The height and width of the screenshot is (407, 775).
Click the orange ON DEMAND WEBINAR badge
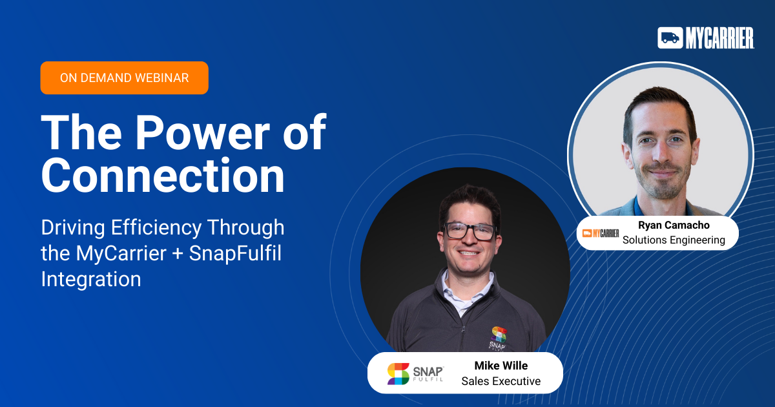click(x=124, y=78)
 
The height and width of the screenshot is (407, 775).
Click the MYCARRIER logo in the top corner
click(x=705, y=38)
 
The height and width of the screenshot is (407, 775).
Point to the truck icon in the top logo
click(x=670, y=38)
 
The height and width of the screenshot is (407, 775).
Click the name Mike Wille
click(x=501, y=366)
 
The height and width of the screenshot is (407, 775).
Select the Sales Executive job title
click(x=501, y=381)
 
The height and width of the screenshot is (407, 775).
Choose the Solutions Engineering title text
click(x=674, y=240)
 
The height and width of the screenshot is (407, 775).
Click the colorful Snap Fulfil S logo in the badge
click(x=398, y=374)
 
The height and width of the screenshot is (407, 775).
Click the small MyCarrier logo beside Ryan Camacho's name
click(x=601, y=233)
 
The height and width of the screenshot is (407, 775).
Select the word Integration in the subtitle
click(x=91, y=279)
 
